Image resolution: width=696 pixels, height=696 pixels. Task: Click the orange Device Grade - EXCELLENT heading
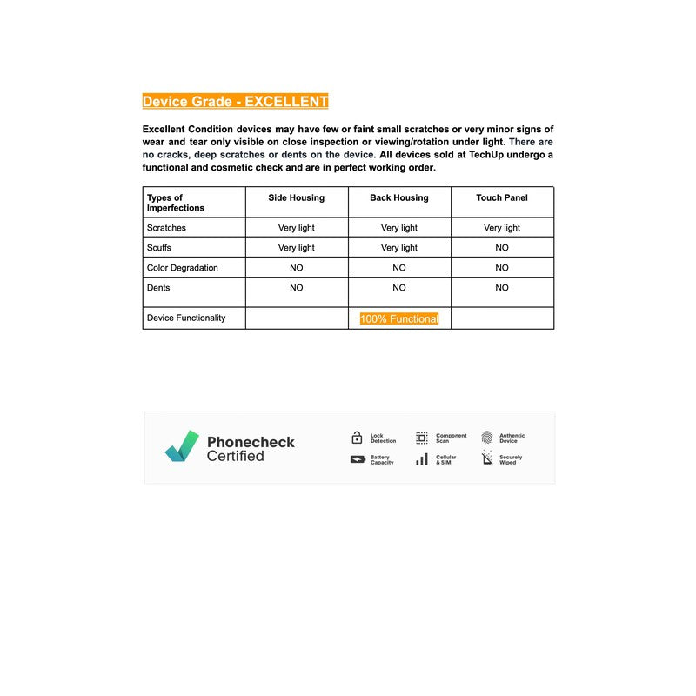pyautogui.click(x=235, y=102)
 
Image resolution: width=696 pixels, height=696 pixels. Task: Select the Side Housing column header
pyautogui.click(x=296, y=198)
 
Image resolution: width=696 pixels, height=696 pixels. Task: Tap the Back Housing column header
pyautogui.click(x=399, y=198)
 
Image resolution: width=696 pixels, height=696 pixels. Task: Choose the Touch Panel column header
pyautogui.click(x=502, y=198)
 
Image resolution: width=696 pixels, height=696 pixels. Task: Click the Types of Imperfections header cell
pyautogui.click(x=175, y=203)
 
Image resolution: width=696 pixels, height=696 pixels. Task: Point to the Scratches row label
pyautogui.click(x=166, y=228)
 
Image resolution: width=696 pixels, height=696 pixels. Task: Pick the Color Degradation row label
pyautogui.click(x=182, y=268)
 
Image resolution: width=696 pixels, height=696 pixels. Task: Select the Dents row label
pyautogui.click(x=158, y=288)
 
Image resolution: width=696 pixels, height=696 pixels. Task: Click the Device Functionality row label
pyautogui.click(x=185, y=318)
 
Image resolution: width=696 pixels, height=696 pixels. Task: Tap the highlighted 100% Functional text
pyautogui.click(x=399, y=319)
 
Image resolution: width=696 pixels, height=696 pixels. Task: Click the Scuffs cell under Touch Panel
pyautogui.click(x=502, y=248)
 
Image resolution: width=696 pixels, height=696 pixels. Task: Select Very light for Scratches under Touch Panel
pyautogui.click(x=502, y=228)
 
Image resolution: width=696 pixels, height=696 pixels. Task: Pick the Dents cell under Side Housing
pyautogui.click(x=296, y=288)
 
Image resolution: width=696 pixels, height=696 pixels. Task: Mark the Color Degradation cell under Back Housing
pyautogui.click(x=399, y=268)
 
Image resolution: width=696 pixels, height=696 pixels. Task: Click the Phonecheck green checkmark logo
pyautogui.click(x=182, y=446)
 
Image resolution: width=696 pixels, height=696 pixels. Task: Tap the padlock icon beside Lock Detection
pyautogui.click(x=357, y=438)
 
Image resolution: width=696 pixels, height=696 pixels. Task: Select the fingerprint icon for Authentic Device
pyautogui.click(x=487, y=438)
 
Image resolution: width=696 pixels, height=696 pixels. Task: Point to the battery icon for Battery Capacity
pyautogui.click(x=358, y=459)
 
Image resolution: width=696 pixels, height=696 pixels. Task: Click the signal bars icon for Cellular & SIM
pyautogui.click(x=422, y=459)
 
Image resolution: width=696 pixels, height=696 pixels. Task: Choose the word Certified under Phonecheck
pyautogui.click(x=235, y=456)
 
